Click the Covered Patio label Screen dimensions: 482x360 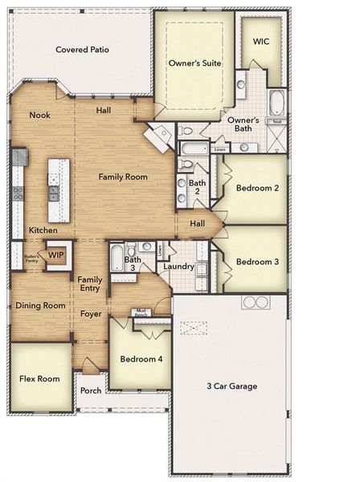click(82, 50)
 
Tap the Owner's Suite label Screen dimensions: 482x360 click(194, 62)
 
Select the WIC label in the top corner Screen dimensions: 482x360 click(261, 40)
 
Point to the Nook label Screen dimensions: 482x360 click(40, 115)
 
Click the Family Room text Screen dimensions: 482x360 click(122, 175)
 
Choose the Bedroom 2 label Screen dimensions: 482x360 click(257, 188)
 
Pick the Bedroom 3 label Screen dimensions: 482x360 click(257, 262)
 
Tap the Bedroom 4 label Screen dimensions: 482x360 click(141, 359)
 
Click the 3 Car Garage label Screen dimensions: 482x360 click(231, 386)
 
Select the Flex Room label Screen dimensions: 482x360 click(39, 378)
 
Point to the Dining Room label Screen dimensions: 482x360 click(40, 305)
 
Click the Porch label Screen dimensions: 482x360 click(91, 391)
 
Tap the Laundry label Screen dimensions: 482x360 click(176, 266)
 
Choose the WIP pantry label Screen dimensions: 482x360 click(55, 255)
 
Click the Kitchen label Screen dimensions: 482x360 click(43, 231)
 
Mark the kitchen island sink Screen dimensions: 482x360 click(54, 193)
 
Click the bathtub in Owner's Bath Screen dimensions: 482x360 click(276, 104)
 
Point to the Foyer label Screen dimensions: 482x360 click(91, 313)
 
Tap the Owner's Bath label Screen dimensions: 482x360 click(243, 124)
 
